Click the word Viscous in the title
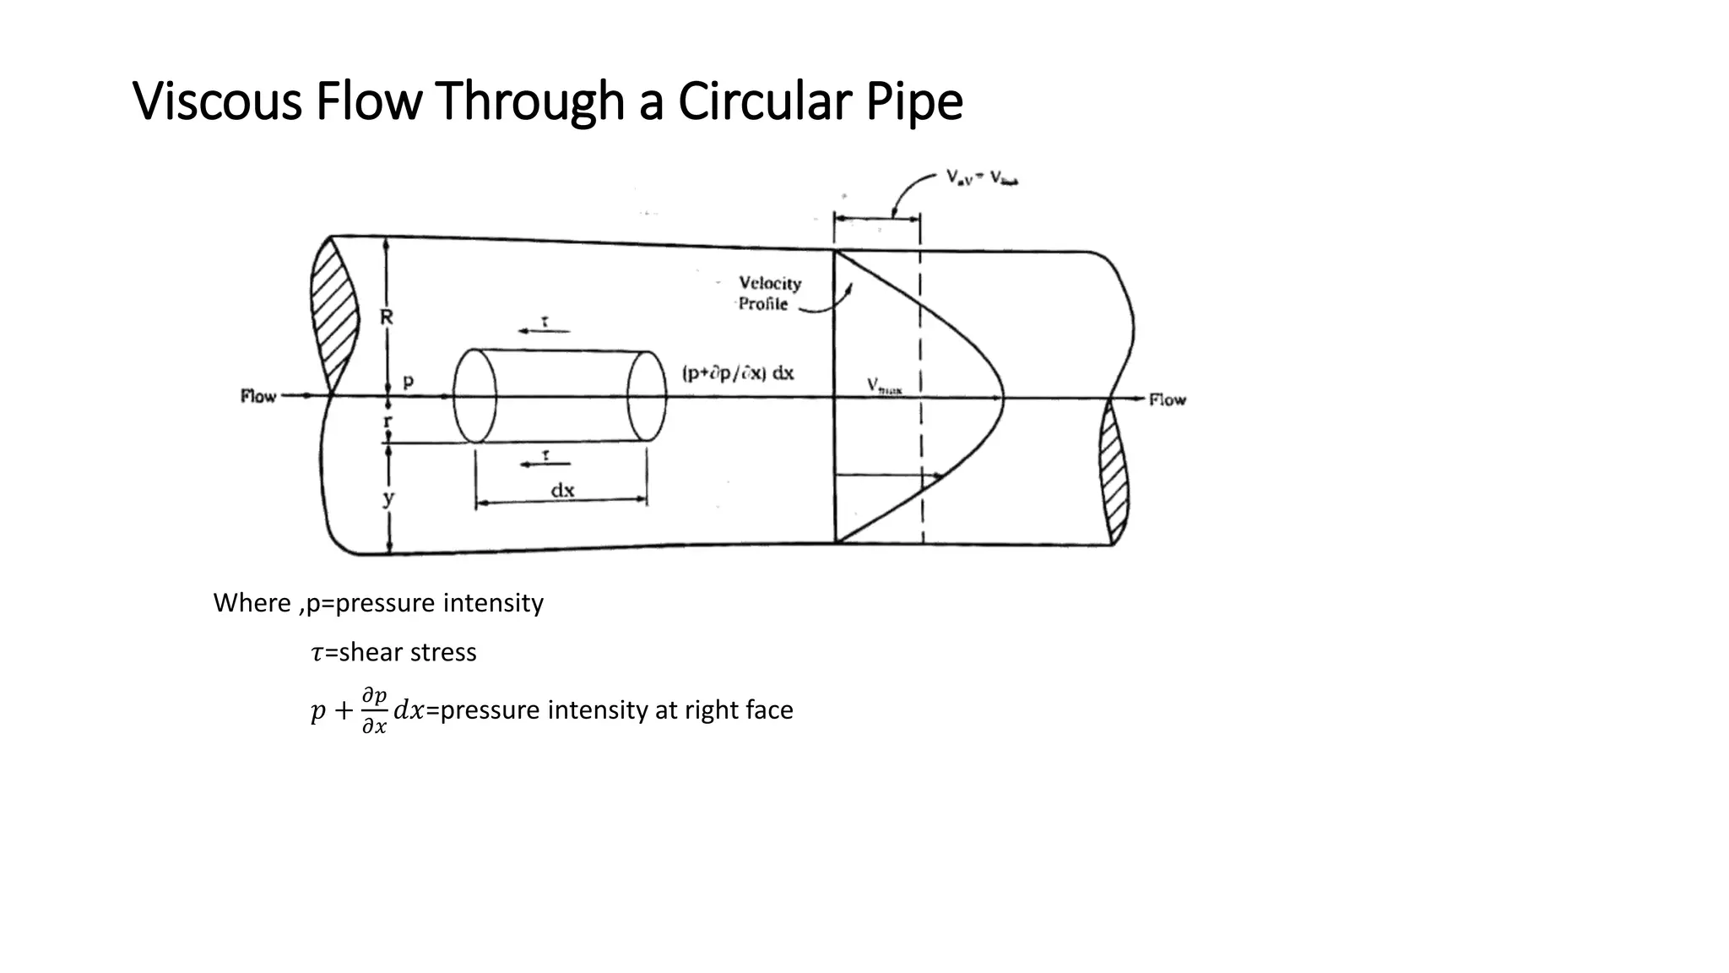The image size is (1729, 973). click(218, 101)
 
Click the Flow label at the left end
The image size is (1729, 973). click(258, 396)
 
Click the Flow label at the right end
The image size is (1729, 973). click(1167, 400)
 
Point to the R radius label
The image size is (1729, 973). click(386, 318)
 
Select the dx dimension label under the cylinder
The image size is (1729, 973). click(562, 490)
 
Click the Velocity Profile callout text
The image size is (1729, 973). click(768, 293)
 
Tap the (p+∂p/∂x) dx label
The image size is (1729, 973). click(738, 373)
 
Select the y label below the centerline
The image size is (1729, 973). click(388, 497)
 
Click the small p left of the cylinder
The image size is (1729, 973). click(409, 381)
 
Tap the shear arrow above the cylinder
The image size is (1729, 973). click(544, 329)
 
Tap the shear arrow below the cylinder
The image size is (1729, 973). click(545, 463)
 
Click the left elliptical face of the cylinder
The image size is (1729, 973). click(475, 395)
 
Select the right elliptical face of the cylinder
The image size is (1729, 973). click(648, 395)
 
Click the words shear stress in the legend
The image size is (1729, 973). click(408, 652)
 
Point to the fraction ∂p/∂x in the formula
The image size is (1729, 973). click(374, 710)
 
